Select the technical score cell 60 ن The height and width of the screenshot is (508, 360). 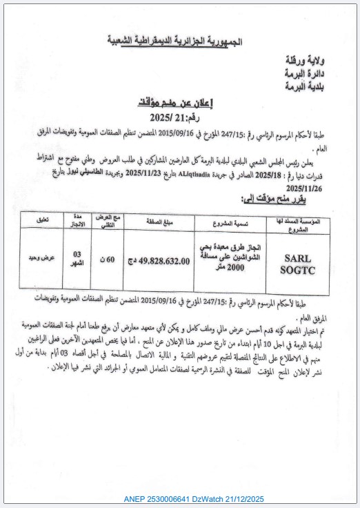[x=106, y=261]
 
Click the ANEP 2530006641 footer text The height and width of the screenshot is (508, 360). [x=194, y=498]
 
